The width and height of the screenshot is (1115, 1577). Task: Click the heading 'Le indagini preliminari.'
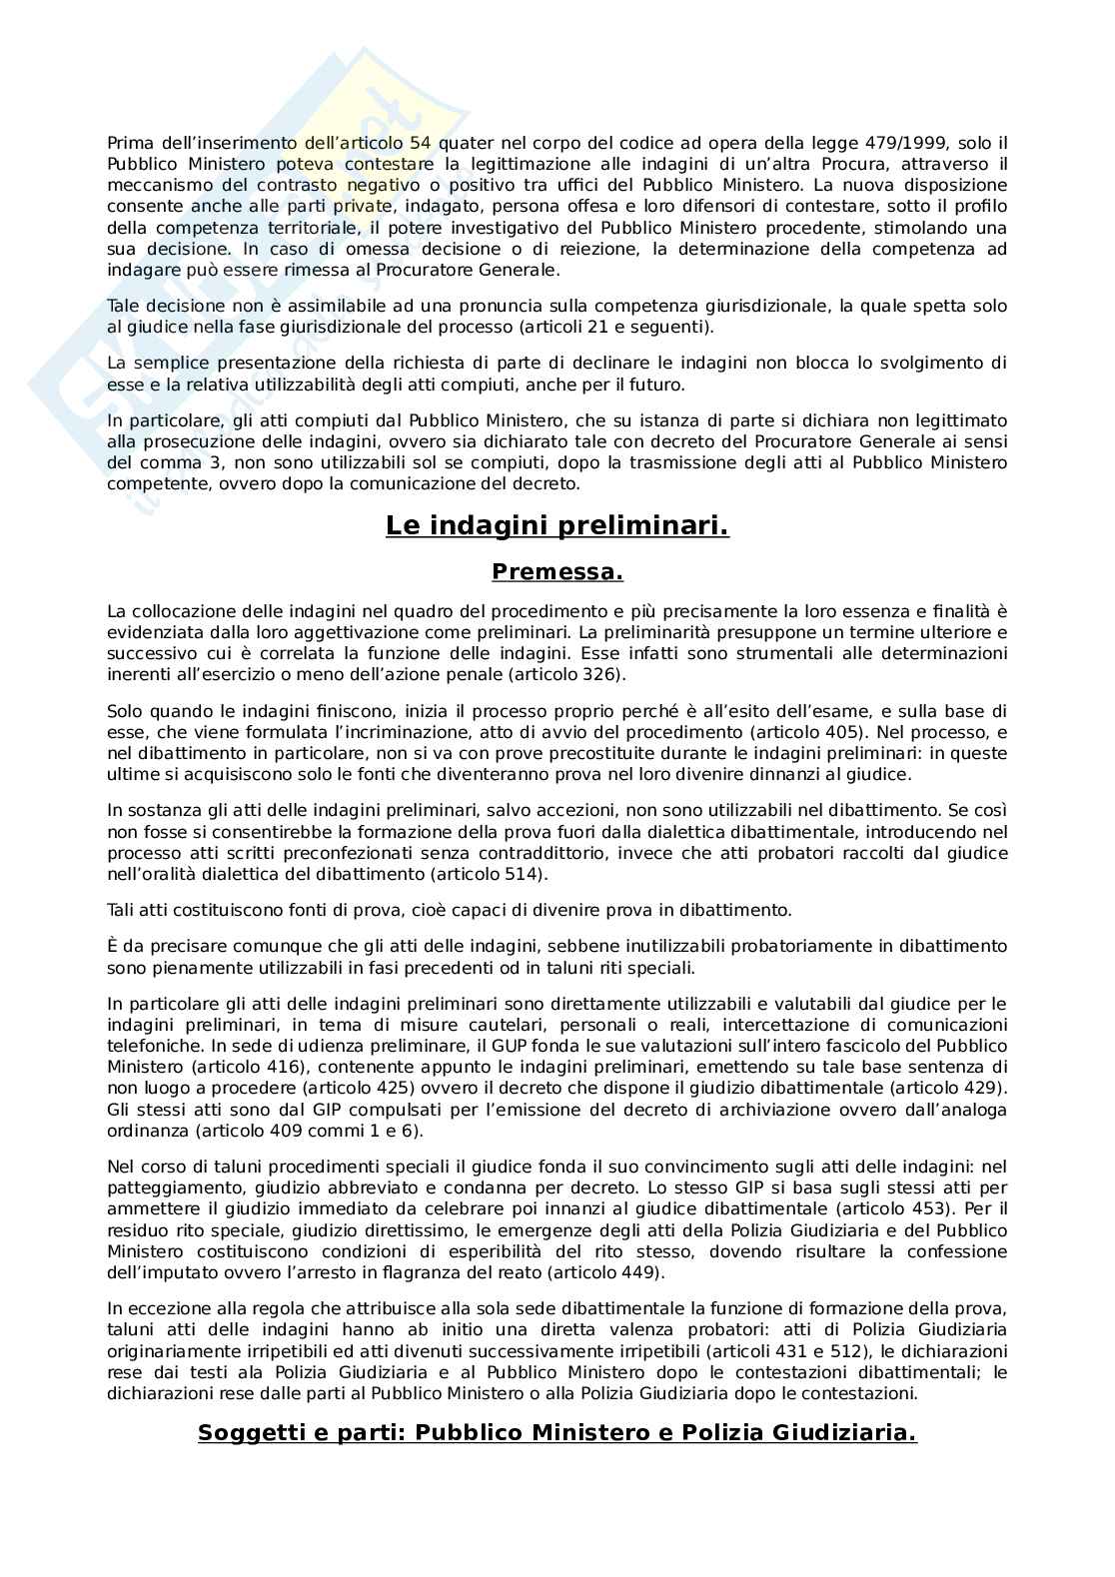[x=557, y=525]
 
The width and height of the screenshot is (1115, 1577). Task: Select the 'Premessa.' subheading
[x=557, y=572]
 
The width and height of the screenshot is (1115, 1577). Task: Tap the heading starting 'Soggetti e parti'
[x=557, y=1432]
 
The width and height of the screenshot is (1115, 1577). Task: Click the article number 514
[x=526, y=874]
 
